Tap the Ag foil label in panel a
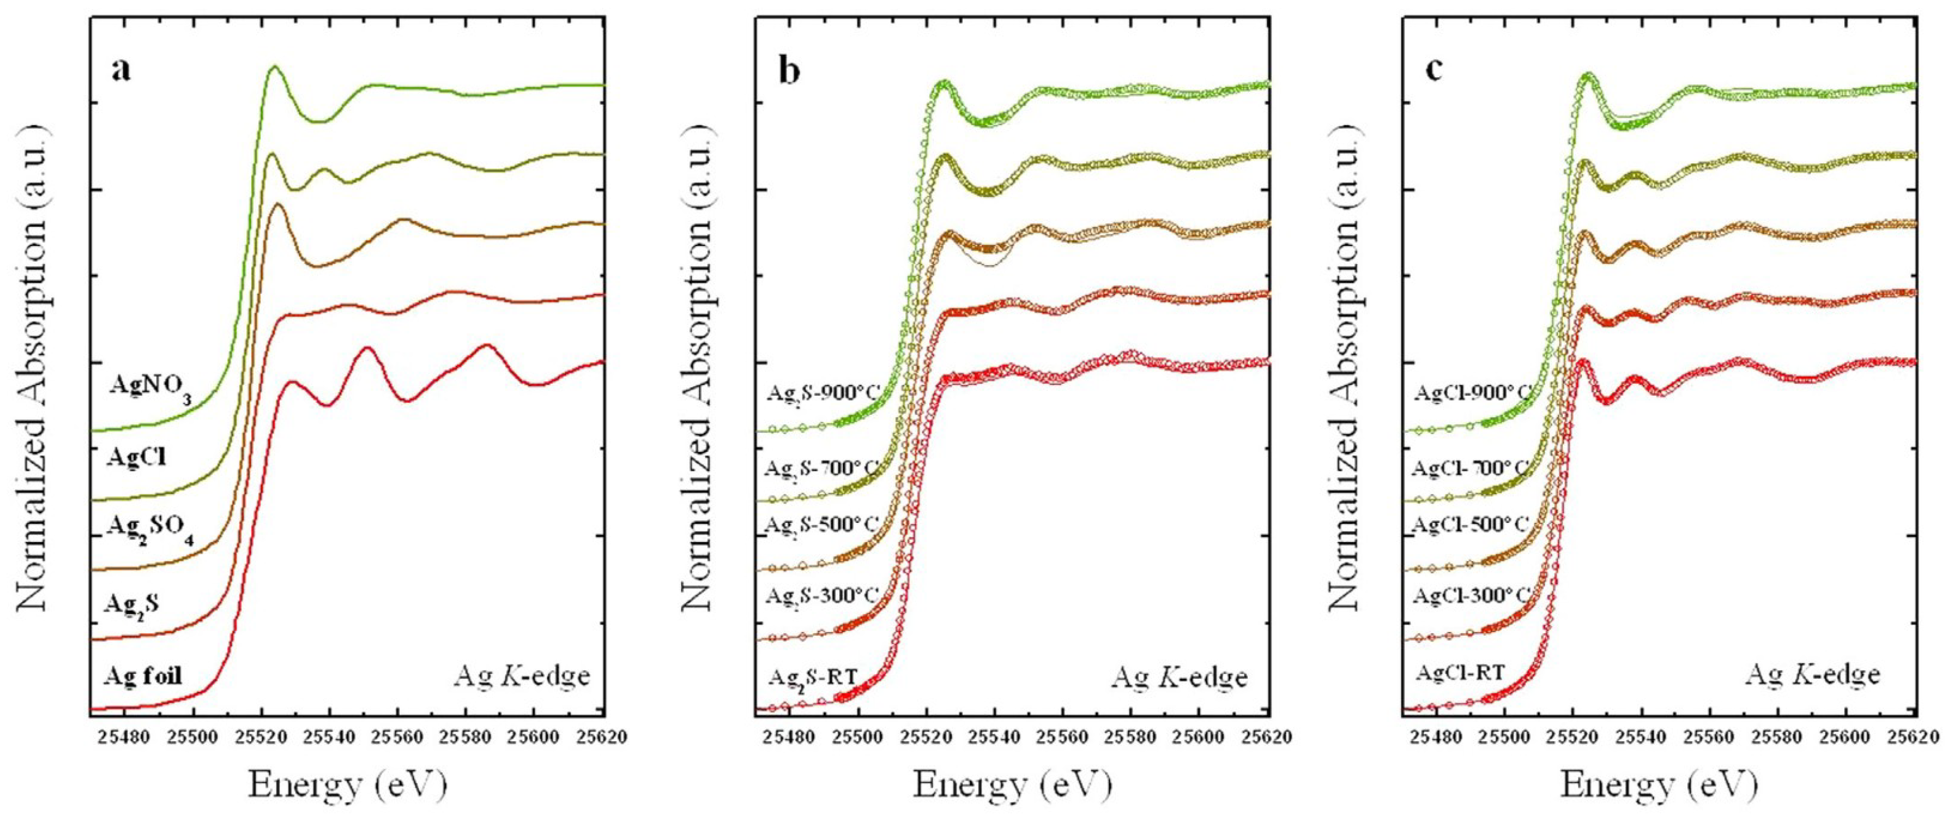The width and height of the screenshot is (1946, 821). (x=144, y=675)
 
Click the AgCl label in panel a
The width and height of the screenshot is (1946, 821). (x=137, y=458)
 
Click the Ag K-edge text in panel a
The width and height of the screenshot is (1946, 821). (x=521, y=675)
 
